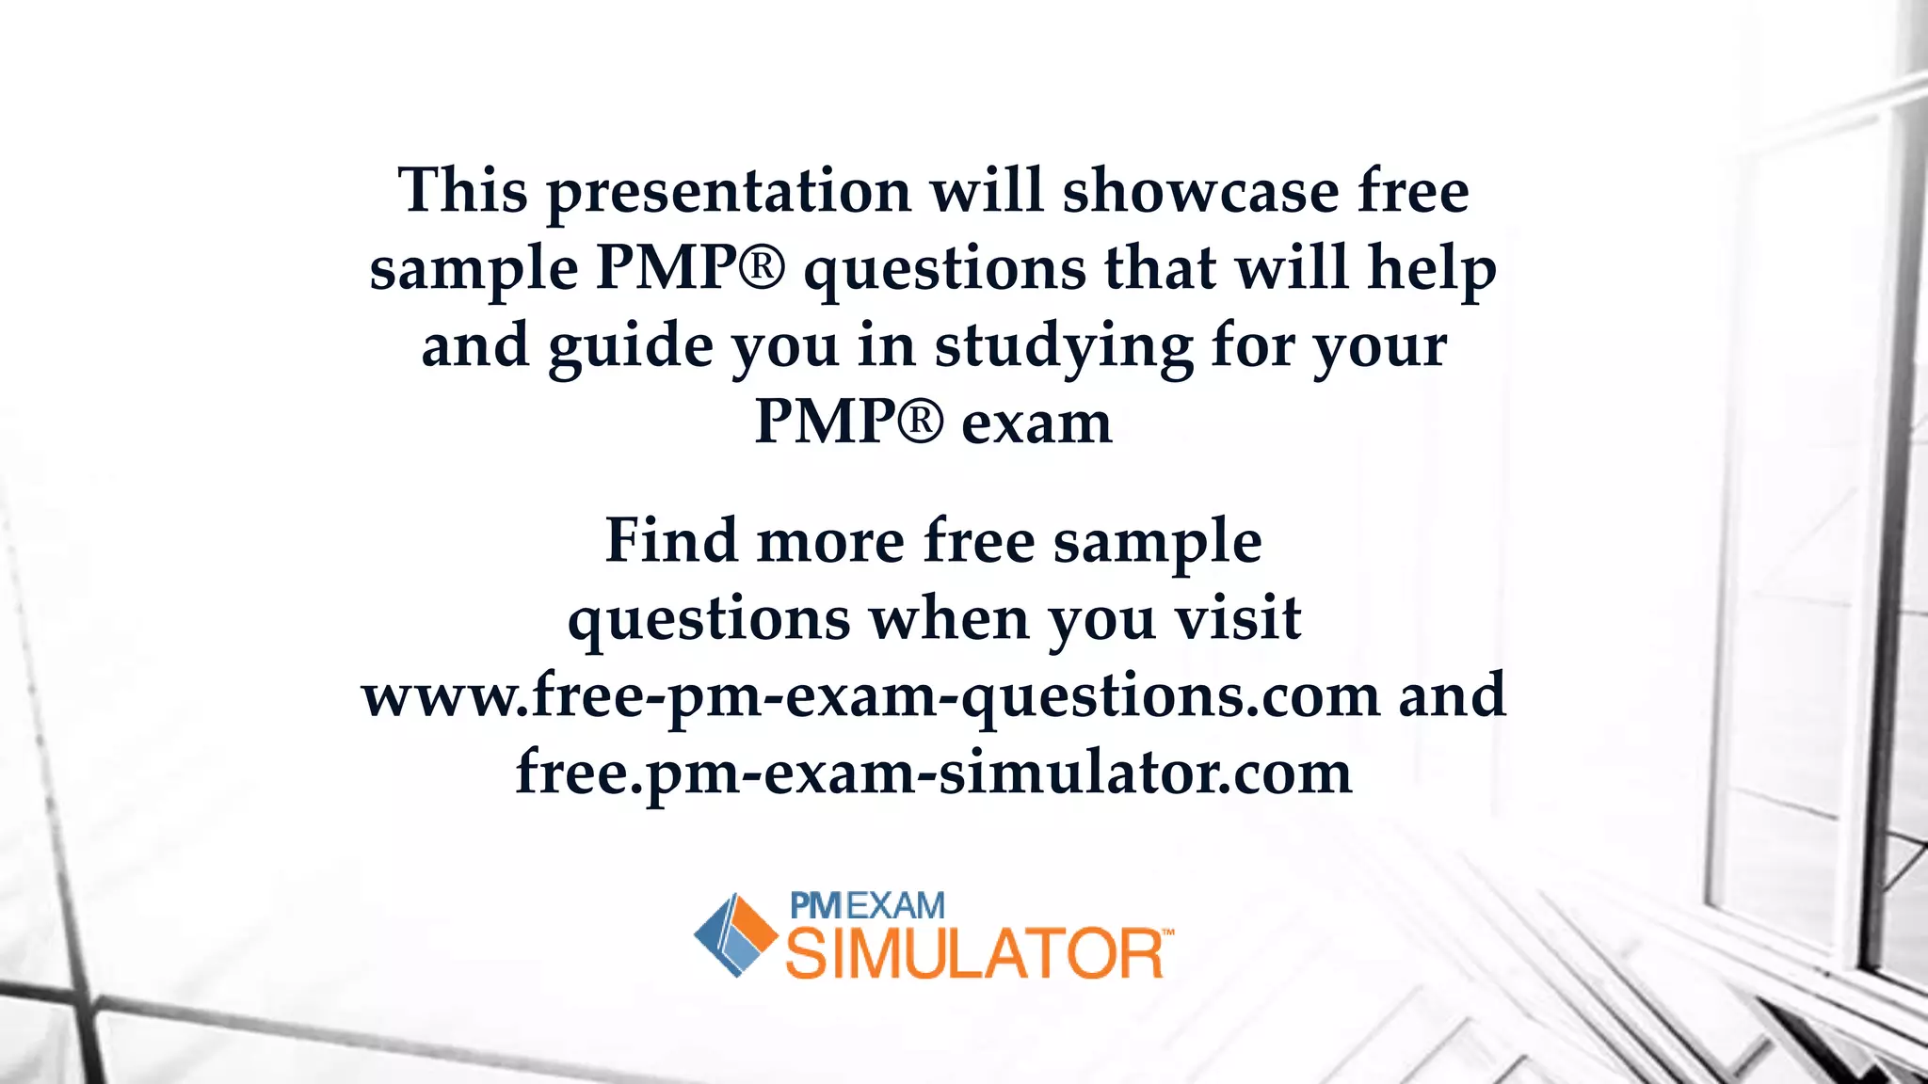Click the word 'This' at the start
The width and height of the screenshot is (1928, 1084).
[x=461, y=190]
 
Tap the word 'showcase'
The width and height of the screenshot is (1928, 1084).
[x=1200, y=190]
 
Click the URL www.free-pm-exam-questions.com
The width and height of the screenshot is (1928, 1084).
[x=871, y=697]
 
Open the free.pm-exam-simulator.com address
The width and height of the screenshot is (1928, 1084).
[x=933, y=774]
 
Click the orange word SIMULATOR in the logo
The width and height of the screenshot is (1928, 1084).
[x=974, y=954]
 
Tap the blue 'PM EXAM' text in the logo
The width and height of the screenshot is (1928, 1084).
[x=866, y=906]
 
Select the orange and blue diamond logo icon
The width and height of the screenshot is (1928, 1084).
[x=735, y=935]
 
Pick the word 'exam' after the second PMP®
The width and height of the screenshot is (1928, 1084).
[x=1036, y=423]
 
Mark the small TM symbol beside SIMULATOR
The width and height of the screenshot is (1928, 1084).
[x=1167, y=933]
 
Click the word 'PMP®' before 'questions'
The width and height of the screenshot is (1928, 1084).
[x=689, y=268]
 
